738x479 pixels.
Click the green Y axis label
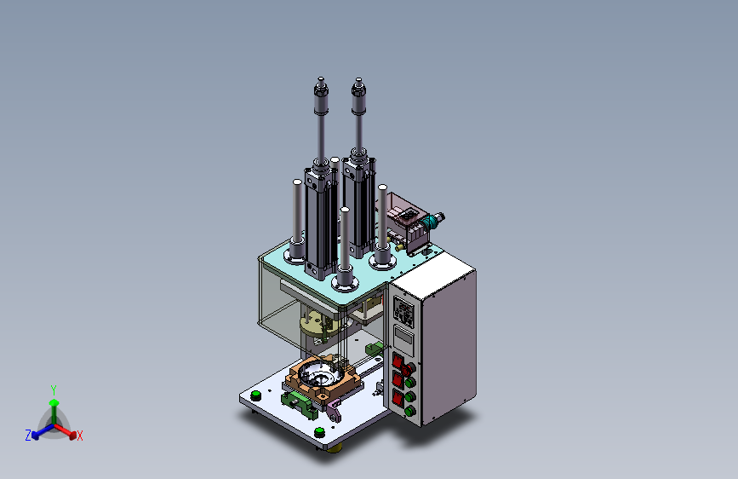tap(54, 390)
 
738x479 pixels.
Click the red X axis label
tap(80, 436)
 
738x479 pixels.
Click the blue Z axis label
tap(28, 436)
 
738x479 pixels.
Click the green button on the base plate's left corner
tap(255, 395)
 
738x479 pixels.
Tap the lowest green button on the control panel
tap(410, 412)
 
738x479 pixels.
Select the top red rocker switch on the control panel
tap(398, 361)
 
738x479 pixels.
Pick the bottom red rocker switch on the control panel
tap(398, 397)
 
